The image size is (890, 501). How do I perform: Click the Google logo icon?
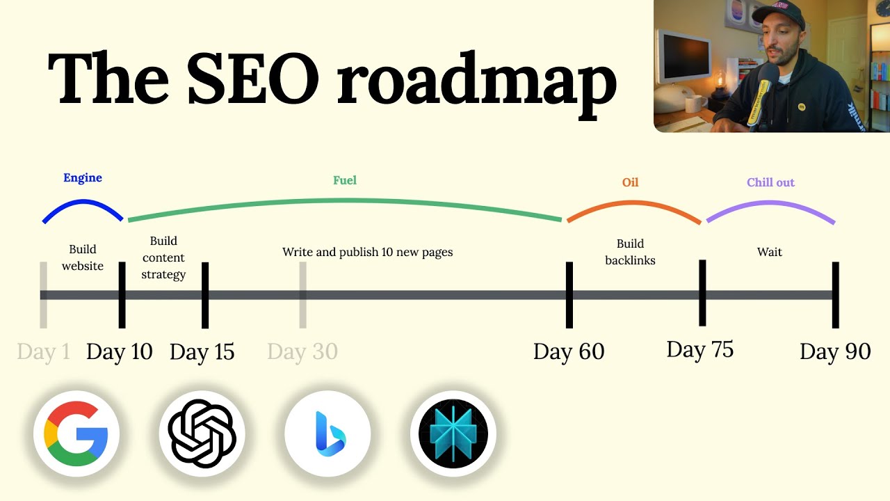pyautogui.click(x=76, y=434)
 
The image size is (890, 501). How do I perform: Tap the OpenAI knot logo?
pyautogui.click(x=202, y=434)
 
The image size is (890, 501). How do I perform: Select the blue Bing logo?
pyautogui.click(x=327, y=434)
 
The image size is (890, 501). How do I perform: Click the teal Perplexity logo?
pyautogui.click(x=453, y=434)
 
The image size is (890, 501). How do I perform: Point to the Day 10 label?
pyautogui.click(x=119, y=352)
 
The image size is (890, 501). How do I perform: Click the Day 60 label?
pyautogui.click(x=569, y=352)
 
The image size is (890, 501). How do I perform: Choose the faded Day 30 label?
pyautogui.click(x=302, y=352)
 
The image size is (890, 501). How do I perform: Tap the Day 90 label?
pyautogui.click(x=835, y=352)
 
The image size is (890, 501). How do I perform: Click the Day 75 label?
pyautogui.click(x=700, y=349)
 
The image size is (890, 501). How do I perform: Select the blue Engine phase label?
pyautogui.click(x=83, y=178)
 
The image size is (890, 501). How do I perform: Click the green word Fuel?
pyautogui.click(x=345, y=181)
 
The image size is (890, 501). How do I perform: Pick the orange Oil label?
pyautogui.click(x=630, y=183)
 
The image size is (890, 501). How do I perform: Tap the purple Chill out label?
pyautogui.click(x=770, y=183)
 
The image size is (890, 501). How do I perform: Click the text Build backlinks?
pyautogui.click(x=630, y=252)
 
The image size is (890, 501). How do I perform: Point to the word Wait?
pyautogui.click(x=770, y=252)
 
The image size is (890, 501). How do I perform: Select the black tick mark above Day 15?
pyautogui.click(x=205, y=295)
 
